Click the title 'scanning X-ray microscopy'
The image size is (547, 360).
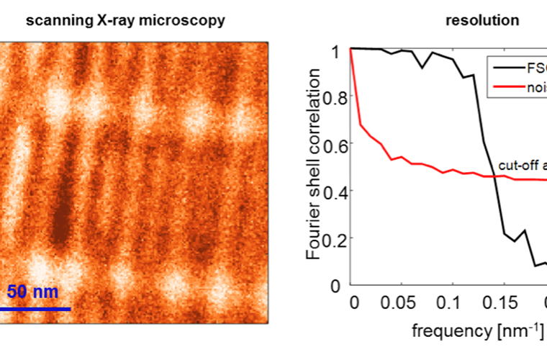pos(125,20)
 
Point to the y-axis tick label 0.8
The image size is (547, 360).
pos(334,96)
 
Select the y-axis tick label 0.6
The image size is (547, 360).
pos(334,144)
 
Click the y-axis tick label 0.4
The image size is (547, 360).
pos(334,191)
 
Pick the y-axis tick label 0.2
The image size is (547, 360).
pos(334,238)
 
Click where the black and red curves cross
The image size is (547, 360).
pos(494,178)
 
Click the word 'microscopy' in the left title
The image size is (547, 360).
pos(187,20)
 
